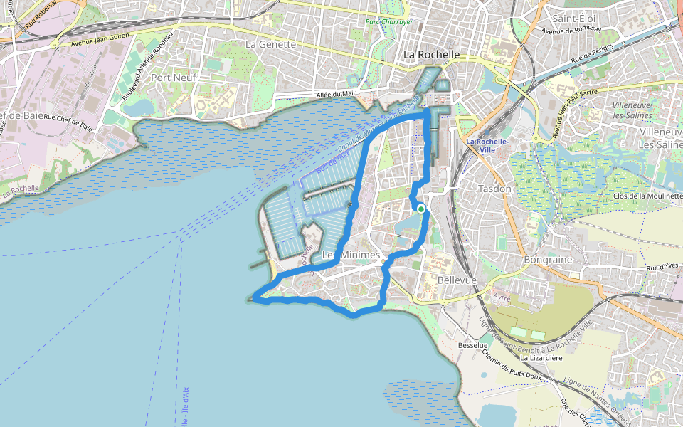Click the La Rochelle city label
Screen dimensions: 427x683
pos(431,55)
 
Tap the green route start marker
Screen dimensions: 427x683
pos(421,209)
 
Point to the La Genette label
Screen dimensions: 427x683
pos(270,44)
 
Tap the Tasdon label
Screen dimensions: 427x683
pos(494,189)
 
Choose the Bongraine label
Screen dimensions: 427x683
pos(548,260)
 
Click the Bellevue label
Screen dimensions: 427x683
pos(457,280)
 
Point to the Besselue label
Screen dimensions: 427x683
pos(472,345)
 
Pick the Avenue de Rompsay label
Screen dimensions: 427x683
pos(571,30)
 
